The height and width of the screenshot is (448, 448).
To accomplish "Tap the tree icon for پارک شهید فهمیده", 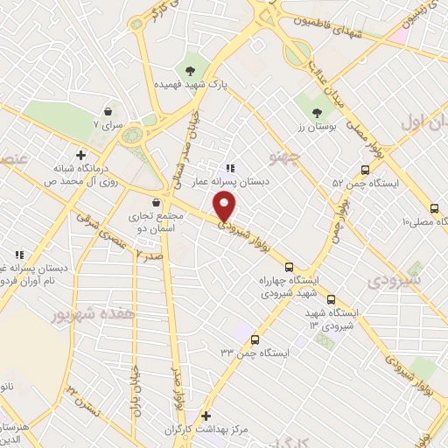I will [x=189, y=69].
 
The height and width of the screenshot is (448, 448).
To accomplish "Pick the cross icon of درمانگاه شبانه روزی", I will [x=81, y=156].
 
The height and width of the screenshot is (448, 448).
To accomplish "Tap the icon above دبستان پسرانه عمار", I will [x=229, y=168].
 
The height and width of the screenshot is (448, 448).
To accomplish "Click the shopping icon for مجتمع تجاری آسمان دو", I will [x=156, y=202].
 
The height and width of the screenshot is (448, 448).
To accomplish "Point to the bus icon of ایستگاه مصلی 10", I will [x=435, y=208].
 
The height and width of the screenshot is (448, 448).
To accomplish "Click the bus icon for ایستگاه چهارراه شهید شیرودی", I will [x=290, y=268].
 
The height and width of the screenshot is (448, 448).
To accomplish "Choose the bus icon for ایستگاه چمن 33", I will [x=255, y=339].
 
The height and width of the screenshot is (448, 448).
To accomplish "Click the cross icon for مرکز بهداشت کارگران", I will [x=206, y=416].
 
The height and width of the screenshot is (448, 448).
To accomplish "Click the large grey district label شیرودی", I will [x=394, y=280].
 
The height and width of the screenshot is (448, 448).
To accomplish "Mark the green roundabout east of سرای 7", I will [x=133, y=136].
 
